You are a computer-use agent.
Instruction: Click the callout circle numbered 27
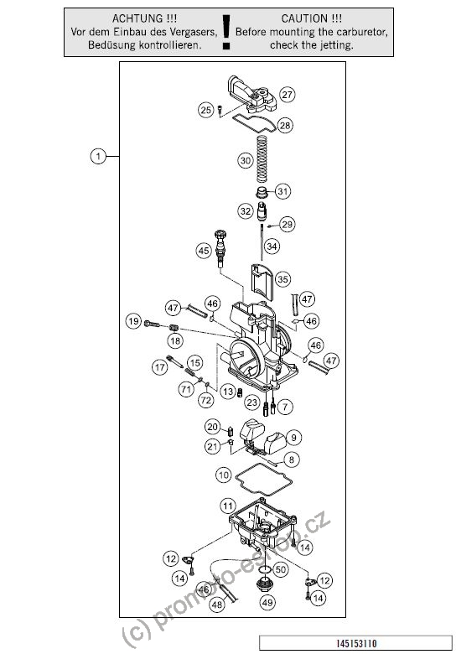[x=288, y=94]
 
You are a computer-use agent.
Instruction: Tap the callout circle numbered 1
[x=98, y=157]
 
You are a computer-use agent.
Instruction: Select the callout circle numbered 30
[x=246, y=161]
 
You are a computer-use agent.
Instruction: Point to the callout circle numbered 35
[x=282, y=279]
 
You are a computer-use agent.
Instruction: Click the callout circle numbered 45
[x=204, y=251]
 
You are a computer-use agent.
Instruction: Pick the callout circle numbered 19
[x=133, y=321]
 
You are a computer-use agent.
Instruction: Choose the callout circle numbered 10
[x=224, y=475]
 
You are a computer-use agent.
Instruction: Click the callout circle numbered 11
[x=227, y=506]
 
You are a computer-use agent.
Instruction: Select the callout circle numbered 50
[x=281, y=569]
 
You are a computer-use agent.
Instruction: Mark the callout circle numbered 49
[x=267, y=602]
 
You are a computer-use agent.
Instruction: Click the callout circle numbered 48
[x=217, y=605]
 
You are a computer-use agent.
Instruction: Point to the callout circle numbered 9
[x=294, y=438]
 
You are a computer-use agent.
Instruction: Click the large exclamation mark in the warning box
[x=226, y=32]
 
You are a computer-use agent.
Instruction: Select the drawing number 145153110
[x=356, y=643]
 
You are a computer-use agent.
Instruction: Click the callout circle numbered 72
[x=205, y=401]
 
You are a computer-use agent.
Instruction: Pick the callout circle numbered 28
[x=285, y=125]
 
